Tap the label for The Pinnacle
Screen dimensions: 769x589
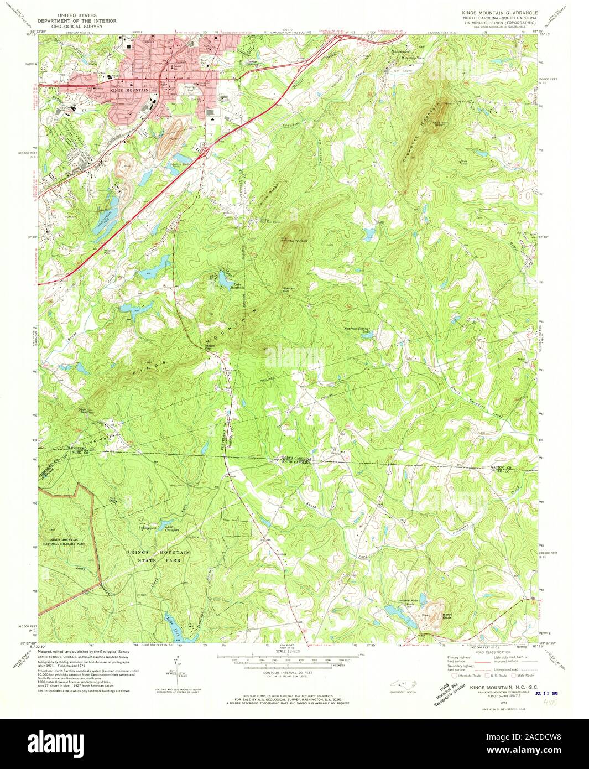coord(296,241)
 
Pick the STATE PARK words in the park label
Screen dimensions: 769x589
coord(160,560)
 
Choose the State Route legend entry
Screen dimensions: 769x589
coord(523,675)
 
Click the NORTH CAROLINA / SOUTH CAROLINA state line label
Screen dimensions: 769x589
coord(296,460)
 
